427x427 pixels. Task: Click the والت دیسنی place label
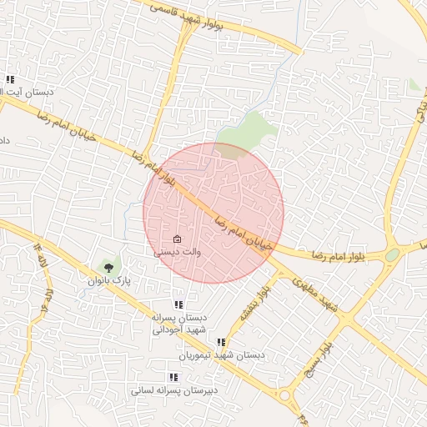click(x=178, y=250)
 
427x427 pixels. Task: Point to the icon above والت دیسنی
click(x=177, y=239)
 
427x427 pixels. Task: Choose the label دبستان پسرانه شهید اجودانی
click(x=178, y=324)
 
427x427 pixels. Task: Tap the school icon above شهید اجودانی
click(x=178, y=305)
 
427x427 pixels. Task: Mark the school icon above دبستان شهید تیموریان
click(x=221, y=342)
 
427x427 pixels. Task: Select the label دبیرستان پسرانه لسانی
click(x=174, y=389)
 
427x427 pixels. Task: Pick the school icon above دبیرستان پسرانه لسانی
click(x=173, y=377)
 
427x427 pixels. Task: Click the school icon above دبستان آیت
click(x=10, y=80)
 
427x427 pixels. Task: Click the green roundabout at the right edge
click(x=392, y=254)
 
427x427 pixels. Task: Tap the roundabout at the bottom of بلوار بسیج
click(x=286, y=395)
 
